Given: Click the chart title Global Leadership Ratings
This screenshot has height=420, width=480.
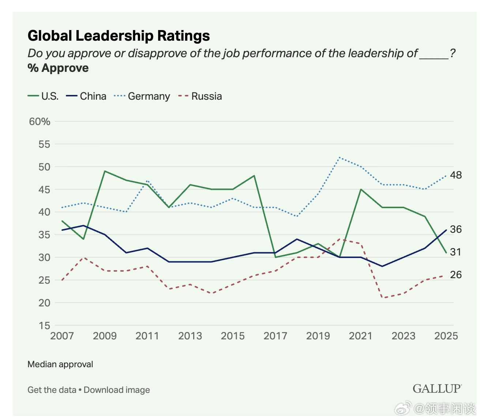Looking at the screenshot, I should (x=119, y=36).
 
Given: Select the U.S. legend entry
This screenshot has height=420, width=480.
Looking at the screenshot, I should (x=43, y=96).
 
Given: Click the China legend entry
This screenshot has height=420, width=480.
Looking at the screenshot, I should (x=86, y=96).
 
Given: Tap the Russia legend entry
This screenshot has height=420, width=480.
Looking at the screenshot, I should (x=200, y=96).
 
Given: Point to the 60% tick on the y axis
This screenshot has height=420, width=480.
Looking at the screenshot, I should (x=40, y=122).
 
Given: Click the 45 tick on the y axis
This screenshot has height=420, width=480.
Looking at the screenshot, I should (x=44, y=189).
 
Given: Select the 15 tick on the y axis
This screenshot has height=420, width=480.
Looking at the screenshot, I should (x=44, y=325).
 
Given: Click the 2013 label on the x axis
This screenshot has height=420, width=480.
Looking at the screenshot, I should (x=190, y=336).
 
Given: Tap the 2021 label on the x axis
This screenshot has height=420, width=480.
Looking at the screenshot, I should (x=360, y=336).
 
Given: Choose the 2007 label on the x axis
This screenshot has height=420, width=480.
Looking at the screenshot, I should (x=62, y=336).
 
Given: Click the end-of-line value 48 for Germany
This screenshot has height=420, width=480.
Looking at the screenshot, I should (x=456, y=175).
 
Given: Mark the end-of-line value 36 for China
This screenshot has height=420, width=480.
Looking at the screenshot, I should (x=456, y=229).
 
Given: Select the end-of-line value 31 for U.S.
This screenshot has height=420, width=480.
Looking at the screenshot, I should (x=456, y=252).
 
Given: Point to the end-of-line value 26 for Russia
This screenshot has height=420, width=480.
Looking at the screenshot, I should (x=456, y=275).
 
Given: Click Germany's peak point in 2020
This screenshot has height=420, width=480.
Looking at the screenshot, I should (x=340, y=158).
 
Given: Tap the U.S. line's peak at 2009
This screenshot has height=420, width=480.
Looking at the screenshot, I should (x=105, y=171).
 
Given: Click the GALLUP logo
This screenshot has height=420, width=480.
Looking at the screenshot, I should (x=437, y=389).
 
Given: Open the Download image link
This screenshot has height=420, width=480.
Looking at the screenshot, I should (x=117, y=390).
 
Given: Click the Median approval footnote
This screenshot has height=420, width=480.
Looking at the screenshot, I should (x=60, y=364).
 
